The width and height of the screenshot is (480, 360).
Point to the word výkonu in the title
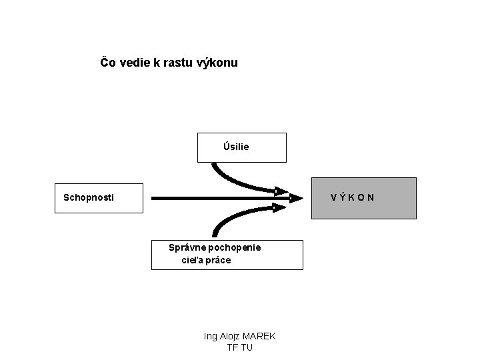pos(218,63)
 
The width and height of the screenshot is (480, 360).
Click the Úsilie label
pos(236,147)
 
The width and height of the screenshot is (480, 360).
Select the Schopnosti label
pos(88,197)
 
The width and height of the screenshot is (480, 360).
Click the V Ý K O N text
pos(352,197)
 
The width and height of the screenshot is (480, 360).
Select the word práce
pos(219,260)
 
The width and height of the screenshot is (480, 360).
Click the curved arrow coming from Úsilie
pos(230,181)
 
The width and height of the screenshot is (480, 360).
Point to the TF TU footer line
pos(239,348)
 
